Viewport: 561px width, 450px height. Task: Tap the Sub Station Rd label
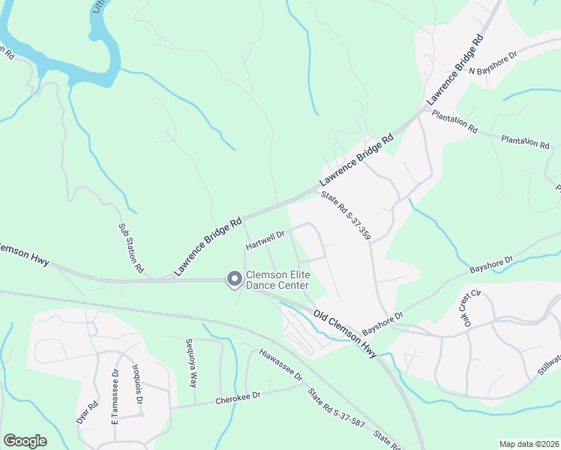click(x=130, y=247)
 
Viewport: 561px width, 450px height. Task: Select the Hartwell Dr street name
click(x=265, y=239)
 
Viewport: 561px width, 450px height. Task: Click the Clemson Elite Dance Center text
click(x=277, y=280)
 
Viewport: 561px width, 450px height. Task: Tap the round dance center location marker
click(x=234, y=279)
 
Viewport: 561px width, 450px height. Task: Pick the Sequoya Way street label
click(x=193, y=362)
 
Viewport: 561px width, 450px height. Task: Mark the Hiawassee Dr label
click(x=280, y=364)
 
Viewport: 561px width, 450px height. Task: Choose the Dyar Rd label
click(x=87, y=413)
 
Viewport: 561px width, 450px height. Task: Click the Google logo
click(x=25, y=440)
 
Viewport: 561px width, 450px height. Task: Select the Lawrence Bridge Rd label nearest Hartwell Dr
click(x=208, y=244)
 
